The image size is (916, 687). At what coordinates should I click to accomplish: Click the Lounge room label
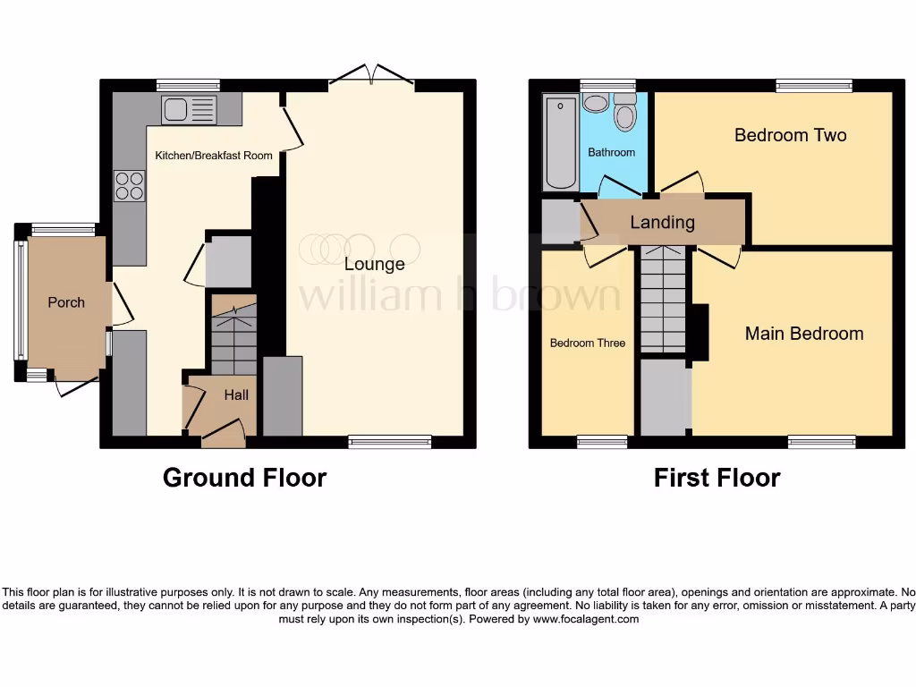(x=375, y=264)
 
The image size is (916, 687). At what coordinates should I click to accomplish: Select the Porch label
(x=66, y=302)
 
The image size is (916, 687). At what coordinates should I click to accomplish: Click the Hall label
(x=236, y=394)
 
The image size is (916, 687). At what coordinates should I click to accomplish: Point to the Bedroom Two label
(x=790, y=135)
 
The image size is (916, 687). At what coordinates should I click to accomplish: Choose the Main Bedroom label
(x=804, y=334)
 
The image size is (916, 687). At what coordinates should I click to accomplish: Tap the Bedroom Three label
(x=587, y=343)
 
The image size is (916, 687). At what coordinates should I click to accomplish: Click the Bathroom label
(x=611, y=153)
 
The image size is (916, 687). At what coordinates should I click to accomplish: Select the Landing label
(x=662, y=223)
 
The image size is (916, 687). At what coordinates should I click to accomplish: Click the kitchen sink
(x=189, y=110)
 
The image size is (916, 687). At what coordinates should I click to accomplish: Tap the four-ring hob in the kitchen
(x=130, y=184)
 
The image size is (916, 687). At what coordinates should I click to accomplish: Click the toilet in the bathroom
(x=624, y=114)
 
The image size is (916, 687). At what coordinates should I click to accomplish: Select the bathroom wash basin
(x=594, y=102)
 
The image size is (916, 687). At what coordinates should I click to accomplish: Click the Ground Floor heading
(x=244, y=478)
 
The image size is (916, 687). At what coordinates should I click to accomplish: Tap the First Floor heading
(x=717, y=478)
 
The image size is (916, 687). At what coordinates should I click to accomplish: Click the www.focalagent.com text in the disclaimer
(x=586, y=619)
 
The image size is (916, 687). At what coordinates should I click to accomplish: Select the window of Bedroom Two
(x=813, y=86)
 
